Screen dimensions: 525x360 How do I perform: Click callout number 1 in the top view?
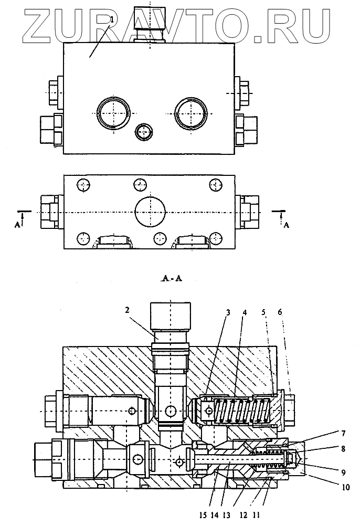pos(111,20)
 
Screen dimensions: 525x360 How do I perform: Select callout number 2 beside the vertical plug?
pos(128,310)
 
